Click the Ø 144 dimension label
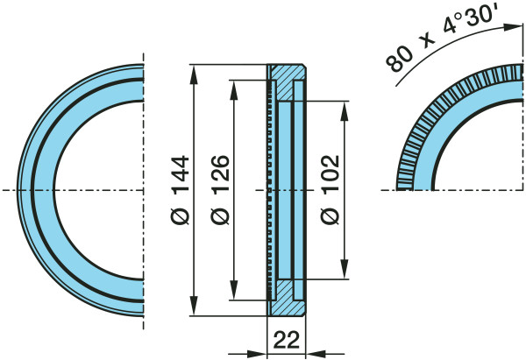180,190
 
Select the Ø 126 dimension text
220,190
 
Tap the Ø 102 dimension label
331,190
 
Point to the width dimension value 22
287,340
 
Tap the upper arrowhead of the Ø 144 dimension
194,74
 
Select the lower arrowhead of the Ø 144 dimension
194,306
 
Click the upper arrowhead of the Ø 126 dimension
234,90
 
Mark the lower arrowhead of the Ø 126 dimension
234,290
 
